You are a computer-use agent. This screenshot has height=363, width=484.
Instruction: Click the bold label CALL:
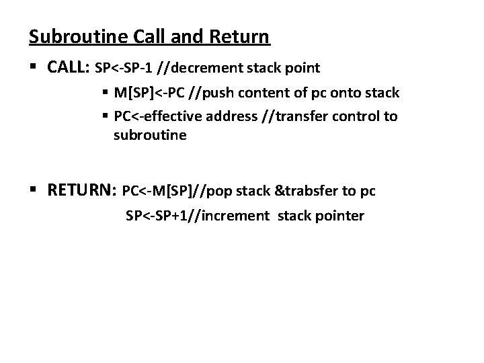pos(70,68)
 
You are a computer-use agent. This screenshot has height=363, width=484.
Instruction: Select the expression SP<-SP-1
pos(125,69)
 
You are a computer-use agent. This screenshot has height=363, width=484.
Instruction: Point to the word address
pos(230,117)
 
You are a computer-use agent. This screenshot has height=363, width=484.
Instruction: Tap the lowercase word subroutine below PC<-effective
pos(150,135)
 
